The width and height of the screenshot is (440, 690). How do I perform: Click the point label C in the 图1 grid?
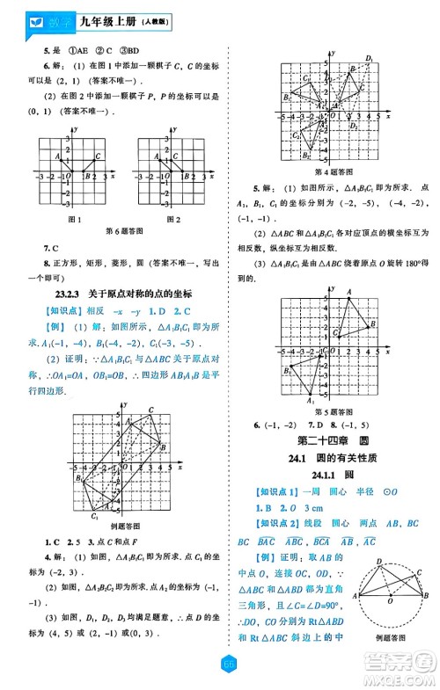point(97,157)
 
